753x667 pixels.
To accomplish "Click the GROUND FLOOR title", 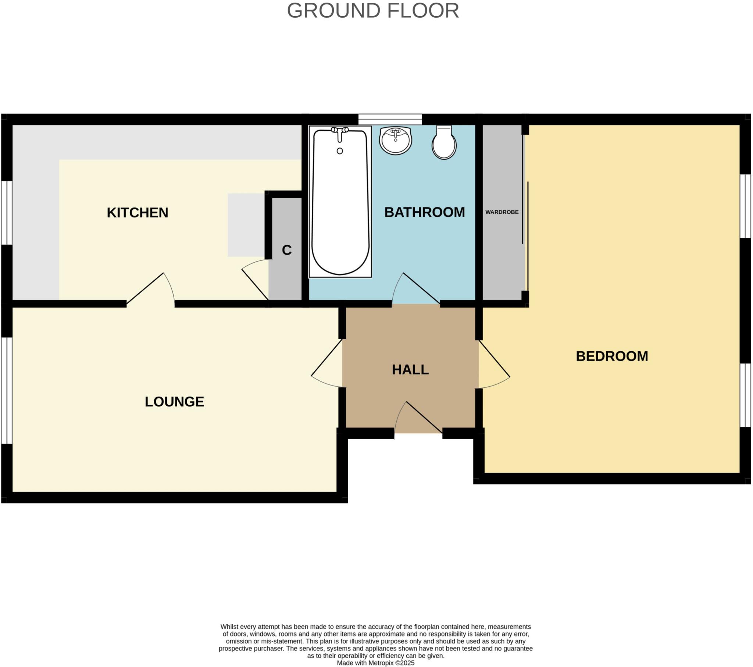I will (373, 11).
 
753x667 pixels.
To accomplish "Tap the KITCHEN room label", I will (138, 213).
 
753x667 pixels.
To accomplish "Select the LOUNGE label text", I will (174, 401).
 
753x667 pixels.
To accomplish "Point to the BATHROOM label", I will (424, 212).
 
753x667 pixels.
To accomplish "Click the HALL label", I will (410, 369).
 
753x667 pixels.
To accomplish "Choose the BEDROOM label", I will (611, 356).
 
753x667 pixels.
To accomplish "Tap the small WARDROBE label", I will (502, 212).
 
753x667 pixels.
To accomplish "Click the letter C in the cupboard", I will (287, 251).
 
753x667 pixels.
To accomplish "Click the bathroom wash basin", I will (395, 141).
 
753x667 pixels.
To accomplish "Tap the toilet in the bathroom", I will (444, 144).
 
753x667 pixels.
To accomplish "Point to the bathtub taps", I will (340, 132).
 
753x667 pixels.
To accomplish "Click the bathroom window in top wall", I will (390, 120).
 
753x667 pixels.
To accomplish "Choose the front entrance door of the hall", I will (419, 419).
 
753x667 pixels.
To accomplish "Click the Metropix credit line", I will (375, 663).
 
